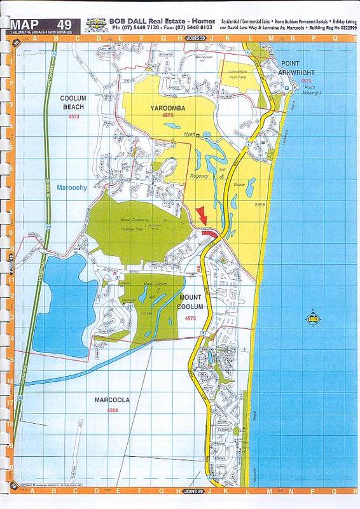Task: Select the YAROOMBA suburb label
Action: coord(168,108)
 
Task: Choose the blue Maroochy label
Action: coord(72,188)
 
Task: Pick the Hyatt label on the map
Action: coord(188,135)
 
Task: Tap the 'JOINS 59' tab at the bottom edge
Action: coord(193,491)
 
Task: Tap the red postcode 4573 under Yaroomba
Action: coord(168,116)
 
